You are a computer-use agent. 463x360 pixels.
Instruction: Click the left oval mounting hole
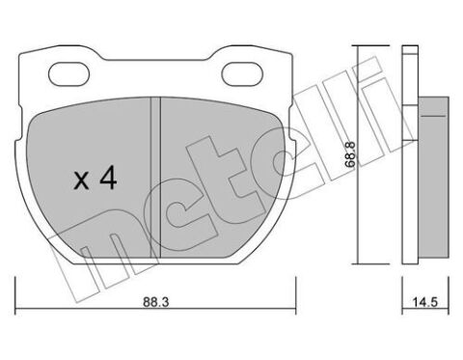[68, 73]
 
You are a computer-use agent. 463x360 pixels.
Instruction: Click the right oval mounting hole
[242, 73]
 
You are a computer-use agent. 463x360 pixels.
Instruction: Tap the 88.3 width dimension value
[156, 302]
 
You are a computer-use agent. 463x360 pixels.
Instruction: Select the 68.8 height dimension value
[350, 153]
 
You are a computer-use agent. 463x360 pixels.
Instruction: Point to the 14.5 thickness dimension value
[425, 302]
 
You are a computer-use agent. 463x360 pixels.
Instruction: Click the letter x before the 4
[81, 181]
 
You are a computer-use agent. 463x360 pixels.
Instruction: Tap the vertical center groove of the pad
[155, 178]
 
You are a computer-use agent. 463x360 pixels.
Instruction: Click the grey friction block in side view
[433, 177]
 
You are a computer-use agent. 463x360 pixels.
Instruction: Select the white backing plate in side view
[410, 155]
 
